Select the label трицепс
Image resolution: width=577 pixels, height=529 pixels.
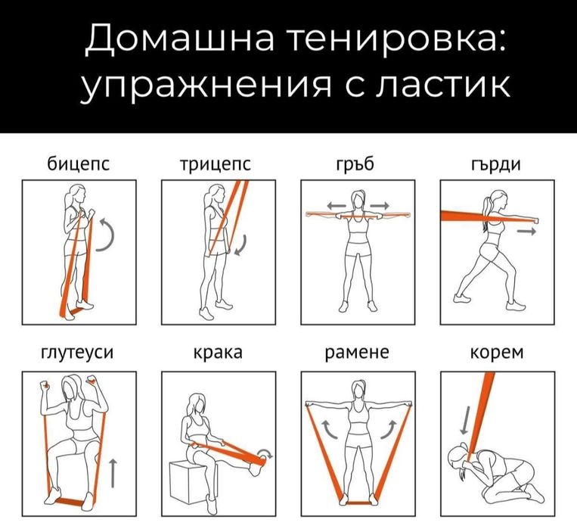216,164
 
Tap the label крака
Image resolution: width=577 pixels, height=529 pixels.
216,353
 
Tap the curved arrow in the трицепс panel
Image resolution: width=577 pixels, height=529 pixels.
241,246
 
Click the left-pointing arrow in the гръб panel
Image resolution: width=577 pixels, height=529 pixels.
336,205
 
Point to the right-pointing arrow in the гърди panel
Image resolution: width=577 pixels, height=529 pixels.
526,232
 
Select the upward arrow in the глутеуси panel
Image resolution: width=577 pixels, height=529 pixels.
113,472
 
